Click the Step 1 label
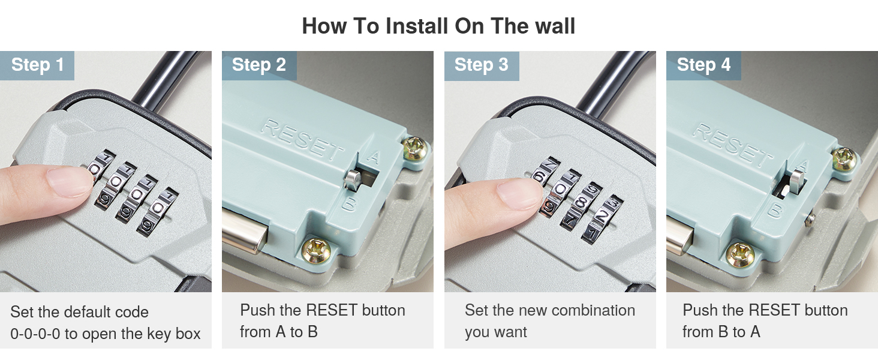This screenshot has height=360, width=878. (x=38, y=65)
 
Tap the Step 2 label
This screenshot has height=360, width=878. (x=259, y=65)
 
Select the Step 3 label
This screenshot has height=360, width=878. (x=482, y=65)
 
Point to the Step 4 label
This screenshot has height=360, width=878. (x=703, y=65)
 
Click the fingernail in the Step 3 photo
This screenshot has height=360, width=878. (x=520, y=193)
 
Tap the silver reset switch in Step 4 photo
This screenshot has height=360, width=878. (x=796, y=181)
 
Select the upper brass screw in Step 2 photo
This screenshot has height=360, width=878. (x=414, y=148)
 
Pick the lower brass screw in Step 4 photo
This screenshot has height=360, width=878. (x=740, y=255)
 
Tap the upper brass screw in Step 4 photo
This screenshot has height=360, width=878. (x=844, y=159)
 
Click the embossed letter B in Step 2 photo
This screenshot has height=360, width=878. (x=348, y=204)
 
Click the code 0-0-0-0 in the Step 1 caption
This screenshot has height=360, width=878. (x=35, y=334)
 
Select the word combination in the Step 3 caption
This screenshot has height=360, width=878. (x=591, y=310)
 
